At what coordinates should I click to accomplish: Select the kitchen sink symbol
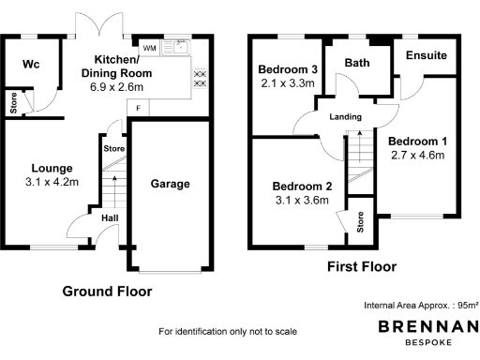click(x=174, y=47)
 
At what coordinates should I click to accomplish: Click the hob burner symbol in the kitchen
click(x=200, y=78)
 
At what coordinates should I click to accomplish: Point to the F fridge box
click(x=139, y=108)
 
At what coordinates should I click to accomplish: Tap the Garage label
click(x=171, y=184)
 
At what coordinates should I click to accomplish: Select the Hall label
click(x=109, y=217)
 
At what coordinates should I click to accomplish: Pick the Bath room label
click(x=356, y=63)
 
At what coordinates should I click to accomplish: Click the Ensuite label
click(x=426, y=55)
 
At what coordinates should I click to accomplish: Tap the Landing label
click(x=346, y=117)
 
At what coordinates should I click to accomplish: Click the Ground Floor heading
click(x=106, y=292)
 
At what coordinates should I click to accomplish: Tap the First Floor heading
click(x=361, y=267)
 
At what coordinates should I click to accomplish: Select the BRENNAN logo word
click(x=427, y=325)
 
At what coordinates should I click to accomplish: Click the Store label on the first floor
click(x=360, y=221)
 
